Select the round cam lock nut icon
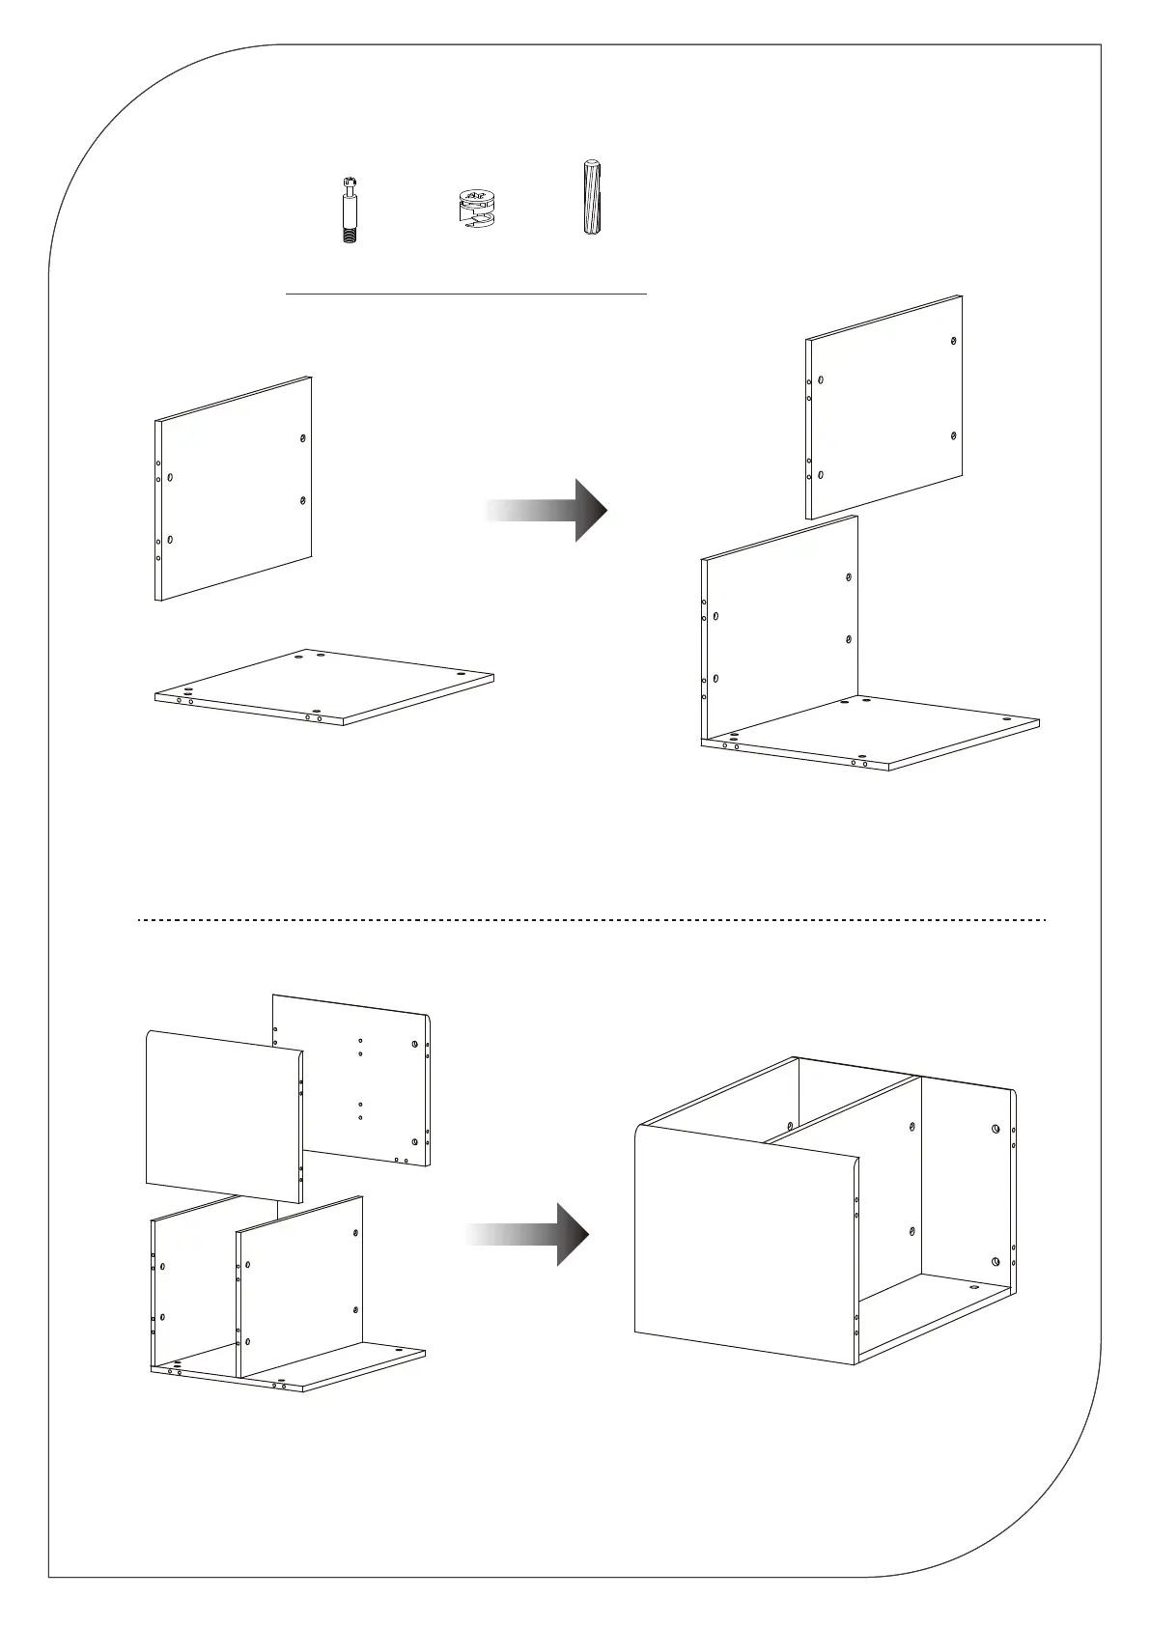(x=473, y=209)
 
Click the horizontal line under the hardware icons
(x=466, y=292)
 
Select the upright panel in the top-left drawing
(x=235, y=489)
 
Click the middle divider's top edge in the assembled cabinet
(x=840, y=1110)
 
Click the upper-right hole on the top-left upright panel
(x=303, y=438)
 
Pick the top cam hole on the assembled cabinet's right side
(x=996, y=1129)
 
